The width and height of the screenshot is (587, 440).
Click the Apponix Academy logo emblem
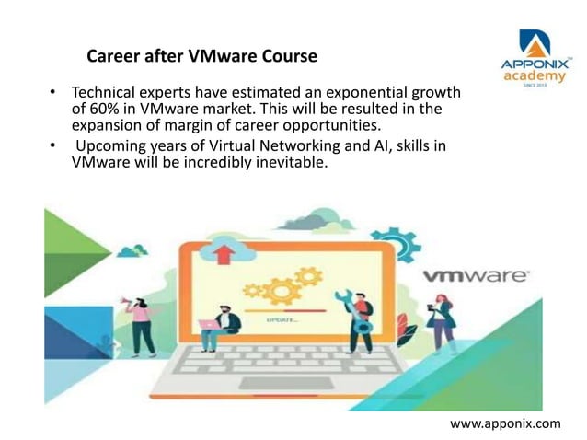(x=535, y=43)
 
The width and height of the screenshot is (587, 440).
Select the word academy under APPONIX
(x=535, y=76)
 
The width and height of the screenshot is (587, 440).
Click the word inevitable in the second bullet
(x=282, y=163)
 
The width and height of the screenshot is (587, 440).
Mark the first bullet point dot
(x=53, y=94)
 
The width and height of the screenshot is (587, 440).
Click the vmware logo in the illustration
(x=475, y=275)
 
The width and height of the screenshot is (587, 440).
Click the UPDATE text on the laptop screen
(x=281, y=318)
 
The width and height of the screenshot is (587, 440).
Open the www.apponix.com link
(x=504, y=423)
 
